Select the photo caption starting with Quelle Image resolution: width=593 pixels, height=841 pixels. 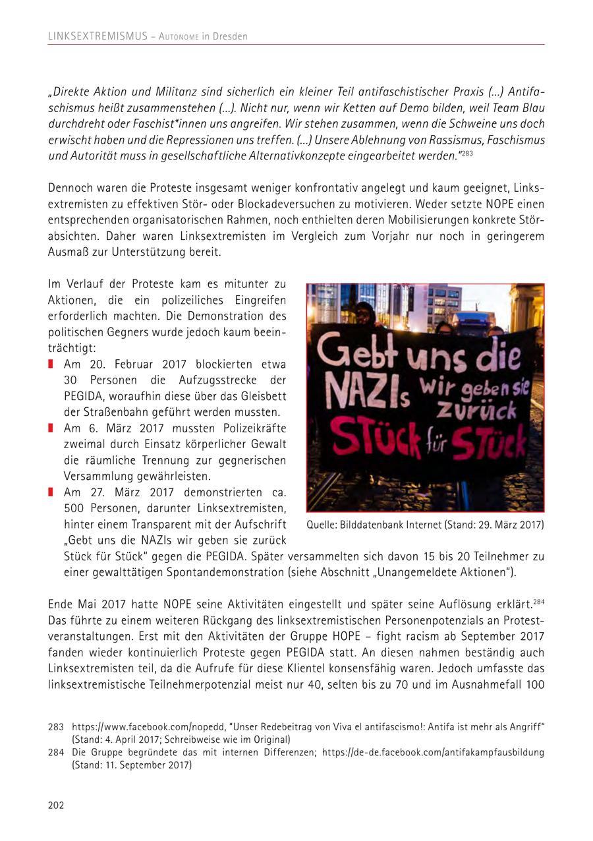(x=425, y=525)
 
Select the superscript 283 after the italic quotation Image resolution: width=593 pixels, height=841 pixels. (x=466, y=153)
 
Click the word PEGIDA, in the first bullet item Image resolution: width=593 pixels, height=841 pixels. (x=85, y=396)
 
